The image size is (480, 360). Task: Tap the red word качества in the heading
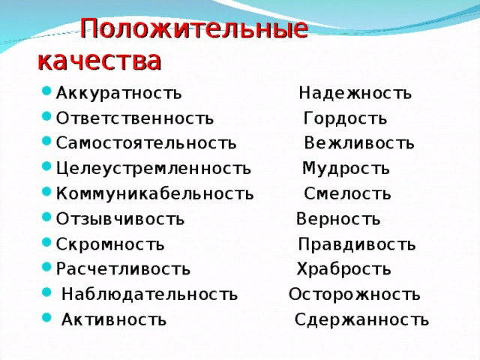100,61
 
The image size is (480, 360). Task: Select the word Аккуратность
118,93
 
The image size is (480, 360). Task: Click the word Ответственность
135,118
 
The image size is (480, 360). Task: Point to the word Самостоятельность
146,143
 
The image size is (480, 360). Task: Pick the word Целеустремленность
153,169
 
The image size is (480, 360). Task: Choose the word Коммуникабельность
155,193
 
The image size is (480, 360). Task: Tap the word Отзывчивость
120,219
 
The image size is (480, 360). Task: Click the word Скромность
110,244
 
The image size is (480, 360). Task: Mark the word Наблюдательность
149,294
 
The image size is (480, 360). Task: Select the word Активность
114,319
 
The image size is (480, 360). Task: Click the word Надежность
355,93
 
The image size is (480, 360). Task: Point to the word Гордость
345,118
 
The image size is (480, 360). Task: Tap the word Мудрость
346,169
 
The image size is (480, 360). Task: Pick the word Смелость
347,193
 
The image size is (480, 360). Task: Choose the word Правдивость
357,244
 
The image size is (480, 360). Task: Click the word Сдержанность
361,319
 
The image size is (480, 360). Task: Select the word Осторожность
355,294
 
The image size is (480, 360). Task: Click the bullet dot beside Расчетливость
46,267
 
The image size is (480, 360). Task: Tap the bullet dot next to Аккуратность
46,91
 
